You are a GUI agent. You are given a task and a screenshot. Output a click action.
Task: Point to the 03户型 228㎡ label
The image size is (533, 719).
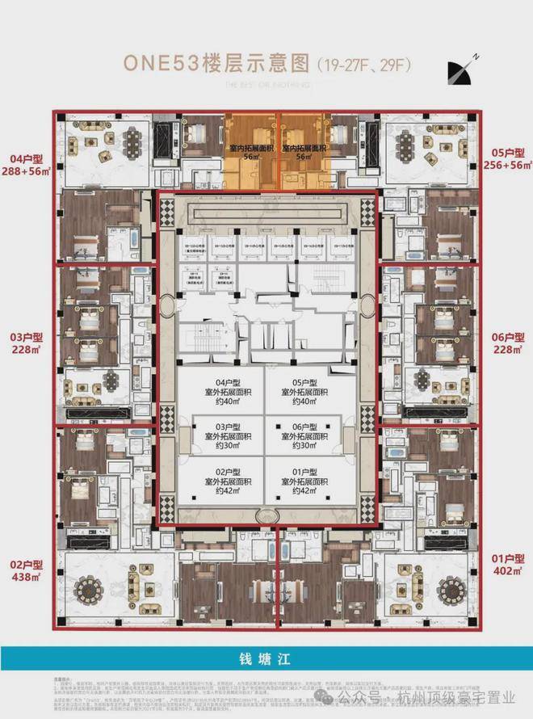(x=26, y=343)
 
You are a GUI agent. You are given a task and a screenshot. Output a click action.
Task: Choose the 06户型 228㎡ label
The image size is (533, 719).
(x=507, y=343)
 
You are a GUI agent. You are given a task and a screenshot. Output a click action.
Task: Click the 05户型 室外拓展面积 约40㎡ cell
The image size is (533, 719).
(x=309, y=390)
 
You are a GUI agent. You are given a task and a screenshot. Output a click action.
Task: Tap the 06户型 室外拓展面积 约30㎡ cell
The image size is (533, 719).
(x=309, y=435)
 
